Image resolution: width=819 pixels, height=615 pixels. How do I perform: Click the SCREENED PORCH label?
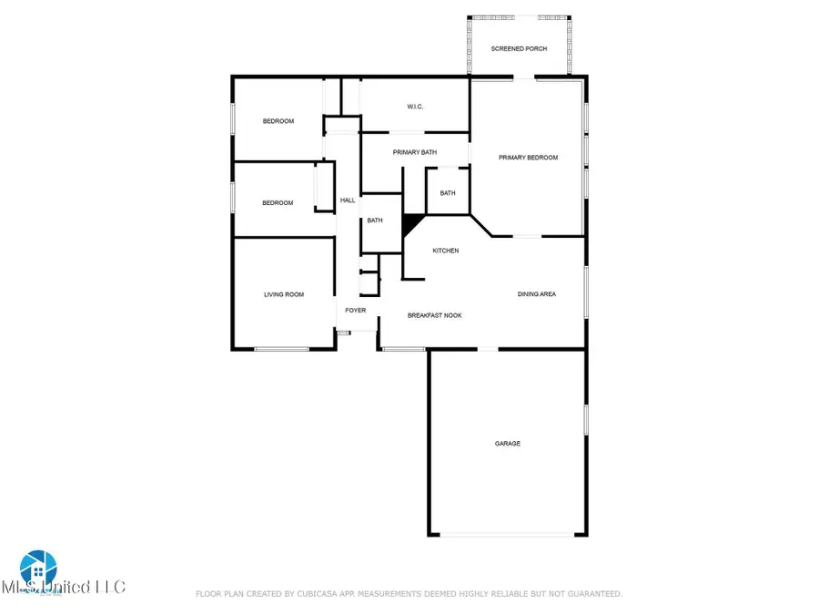coord(519,48)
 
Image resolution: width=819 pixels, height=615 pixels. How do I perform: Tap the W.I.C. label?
coord(415,108)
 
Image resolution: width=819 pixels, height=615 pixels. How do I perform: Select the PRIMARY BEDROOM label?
coord(528,158)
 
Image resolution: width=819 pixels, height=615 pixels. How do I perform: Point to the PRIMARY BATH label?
coord(415,152)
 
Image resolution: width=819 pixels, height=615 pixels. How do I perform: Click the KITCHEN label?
coord(445,251)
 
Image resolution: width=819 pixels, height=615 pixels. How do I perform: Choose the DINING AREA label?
coord(537,294)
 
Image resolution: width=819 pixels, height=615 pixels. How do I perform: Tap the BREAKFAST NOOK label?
coord(434,315)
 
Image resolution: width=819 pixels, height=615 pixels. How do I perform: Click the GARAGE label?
coord(507,444)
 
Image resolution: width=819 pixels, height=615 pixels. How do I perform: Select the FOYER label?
coord(355,311)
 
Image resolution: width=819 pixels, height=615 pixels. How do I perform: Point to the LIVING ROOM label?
coord(284,294)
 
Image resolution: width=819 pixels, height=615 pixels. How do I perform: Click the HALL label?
coord(348,200)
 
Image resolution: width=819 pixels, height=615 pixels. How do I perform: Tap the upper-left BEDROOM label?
coord(278,121)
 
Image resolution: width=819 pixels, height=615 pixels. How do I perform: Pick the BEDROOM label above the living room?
coord(278,203)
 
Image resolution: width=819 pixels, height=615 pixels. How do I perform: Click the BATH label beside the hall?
coord(375,220)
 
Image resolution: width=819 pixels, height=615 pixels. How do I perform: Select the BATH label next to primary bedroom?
coord(448,193)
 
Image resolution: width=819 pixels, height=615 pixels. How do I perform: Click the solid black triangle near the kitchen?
coord(412,223)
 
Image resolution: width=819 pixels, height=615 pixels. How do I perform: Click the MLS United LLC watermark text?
coord(64,587)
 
